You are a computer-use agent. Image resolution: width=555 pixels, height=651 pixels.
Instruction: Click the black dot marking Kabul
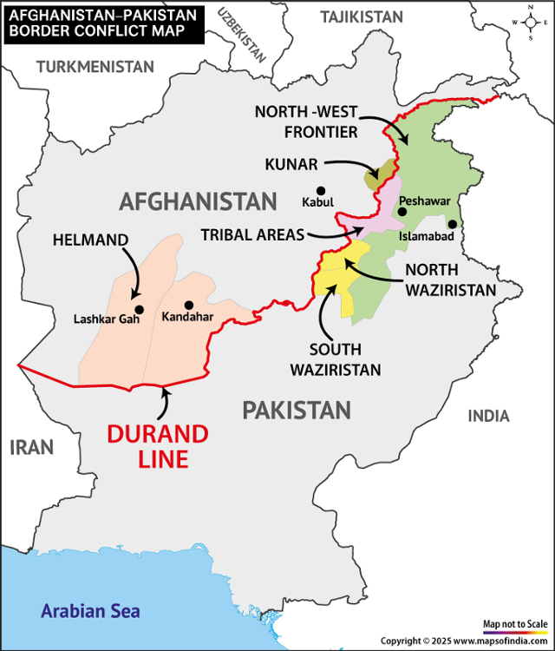pos(321,191)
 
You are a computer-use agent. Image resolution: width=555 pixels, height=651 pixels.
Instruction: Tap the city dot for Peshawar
pos(402,212)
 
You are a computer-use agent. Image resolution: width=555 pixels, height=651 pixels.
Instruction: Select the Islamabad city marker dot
pos(452,224)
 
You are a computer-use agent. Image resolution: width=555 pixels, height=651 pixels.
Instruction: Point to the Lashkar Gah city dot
pos(139,309)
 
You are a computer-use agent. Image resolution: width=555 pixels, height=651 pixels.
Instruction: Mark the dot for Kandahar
pos(188,305)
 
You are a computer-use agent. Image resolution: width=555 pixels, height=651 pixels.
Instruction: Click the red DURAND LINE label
pos(158,446)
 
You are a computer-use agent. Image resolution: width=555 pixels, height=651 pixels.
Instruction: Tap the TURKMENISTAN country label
pos(95,67)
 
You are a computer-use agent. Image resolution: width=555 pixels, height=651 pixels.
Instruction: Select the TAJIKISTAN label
pos(362,17)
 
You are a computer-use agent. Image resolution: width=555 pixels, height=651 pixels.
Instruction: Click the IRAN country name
pos(31,447)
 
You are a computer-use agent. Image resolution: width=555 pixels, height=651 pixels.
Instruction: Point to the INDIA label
pos(488,416)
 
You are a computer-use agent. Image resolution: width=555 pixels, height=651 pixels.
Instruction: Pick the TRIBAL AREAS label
pos(252,234)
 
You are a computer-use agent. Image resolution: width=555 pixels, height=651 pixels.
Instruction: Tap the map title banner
pos(102,23)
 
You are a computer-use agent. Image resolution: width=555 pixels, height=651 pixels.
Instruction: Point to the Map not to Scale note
pos(515,623)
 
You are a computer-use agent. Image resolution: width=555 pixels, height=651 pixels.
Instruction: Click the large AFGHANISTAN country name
pos(197,202)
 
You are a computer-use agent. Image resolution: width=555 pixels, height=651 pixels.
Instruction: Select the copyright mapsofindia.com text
pos(464,641)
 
